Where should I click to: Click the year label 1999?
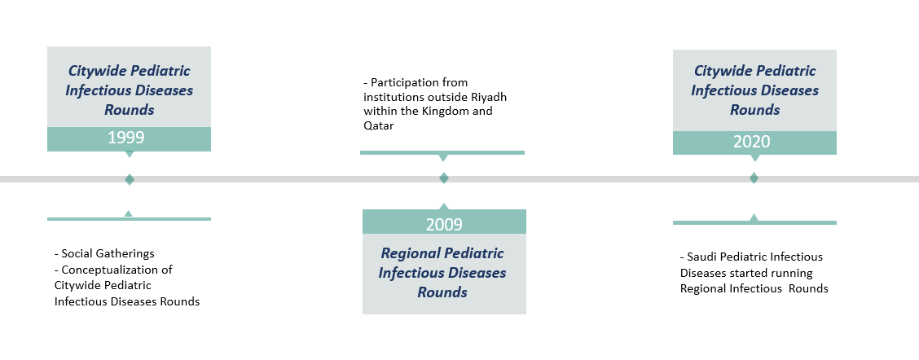126,138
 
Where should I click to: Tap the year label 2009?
444,225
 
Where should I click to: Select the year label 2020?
752,141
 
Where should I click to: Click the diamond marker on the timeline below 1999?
130,179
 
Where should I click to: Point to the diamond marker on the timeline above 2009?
444,178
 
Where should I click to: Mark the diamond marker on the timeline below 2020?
754,178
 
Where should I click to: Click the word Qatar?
379,125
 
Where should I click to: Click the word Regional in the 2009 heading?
410,253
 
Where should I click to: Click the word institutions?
391,97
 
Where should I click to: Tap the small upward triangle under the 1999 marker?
129,214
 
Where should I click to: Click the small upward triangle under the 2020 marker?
754,217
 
